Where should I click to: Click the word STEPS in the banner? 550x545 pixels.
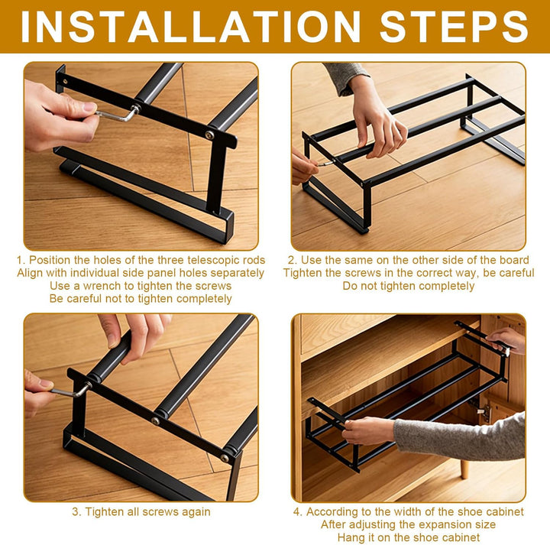click(x=454, y=27)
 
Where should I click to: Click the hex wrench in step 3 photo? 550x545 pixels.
click(x=71, y=391)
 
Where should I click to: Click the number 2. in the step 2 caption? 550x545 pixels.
click(x=293, y=260)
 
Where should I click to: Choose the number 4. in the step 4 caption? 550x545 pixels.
click(x=298, y=511)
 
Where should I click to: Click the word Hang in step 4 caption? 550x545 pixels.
click(x=350, y=537)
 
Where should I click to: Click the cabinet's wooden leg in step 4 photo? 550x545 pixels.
click(x=464, y=469)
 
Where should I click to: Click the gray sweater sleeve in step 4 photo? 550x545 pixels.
click(x=460, y=437)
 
